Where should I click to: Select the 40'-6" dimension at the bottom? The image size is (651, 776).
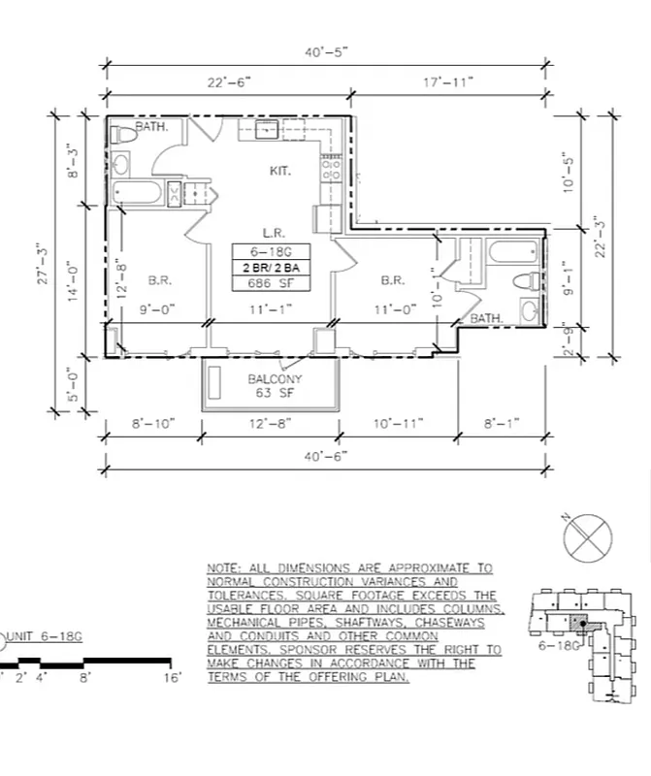pos(327,454)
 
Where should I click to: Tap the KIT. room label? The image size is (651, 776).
pos(281,171)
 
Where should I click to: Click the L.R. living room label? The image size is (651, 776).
pos(273,233)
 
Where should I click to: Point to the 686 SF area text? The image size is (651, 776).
pos(273,283)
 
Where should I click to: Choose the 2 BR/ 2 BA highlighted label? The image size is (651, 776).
pos(273,267)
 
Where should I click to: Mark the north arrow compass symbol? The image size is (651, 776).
pos(589,535)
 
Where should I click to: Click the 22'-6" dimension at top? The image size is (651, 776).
pos(229,83)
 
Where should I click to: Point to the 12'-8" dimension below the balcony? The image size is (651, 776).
pos(270,425)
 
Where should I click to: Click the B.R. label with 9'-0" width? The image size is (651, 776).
pos(161,280)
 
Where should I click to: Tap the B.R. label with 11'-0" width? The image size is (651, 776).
pos(393,280)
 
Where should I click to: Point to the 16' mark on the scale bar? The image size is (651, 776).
pos(173,679)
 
